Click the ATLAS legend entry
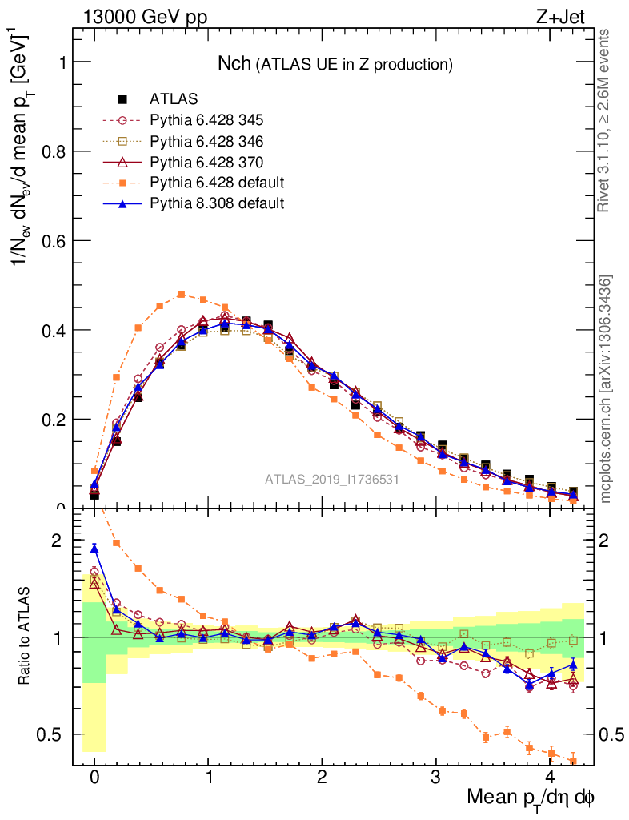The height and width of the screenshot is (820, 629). pos(174,99)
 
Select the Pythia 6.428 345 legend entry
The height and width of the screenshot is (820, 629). pos(206,120)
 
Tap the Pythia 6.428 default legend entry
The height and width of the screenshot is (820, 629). pos(217,183)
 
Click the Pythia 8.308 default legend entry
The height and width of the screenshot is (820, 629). pos(217,203)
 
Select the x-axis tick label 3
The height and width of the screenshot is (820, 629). pos(436,778)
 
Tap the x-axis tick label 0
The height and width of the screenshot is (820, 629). pos(94,778)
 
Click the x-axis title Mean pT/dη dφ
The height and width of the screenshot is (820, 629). pos(530,798)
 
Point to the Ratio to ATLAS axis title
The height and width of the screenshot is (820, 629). pos(26,637)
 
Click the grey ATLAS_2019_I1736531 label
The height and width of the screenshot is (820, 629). pos(332,480)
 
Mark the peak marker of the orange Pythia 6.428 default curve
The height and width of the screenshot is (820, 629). pos(182,295)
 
